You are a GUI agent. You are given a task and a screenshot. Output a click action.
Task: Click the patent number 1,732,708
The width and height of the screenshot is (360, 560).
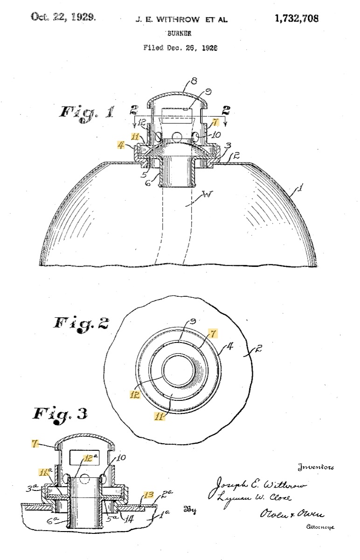pos(297,19)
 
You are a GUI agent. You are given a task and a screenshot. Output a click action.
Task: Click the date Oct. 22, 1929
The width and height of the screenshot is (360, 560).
pos(63,17)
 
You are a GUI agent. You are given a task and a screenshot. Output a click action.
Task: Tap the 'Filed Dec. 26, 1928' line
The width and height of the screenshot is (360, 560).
pos(180,48)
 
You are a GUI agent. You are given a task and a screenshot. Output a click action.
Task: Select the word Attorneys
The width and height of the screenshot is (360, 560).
pos(320,527)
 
